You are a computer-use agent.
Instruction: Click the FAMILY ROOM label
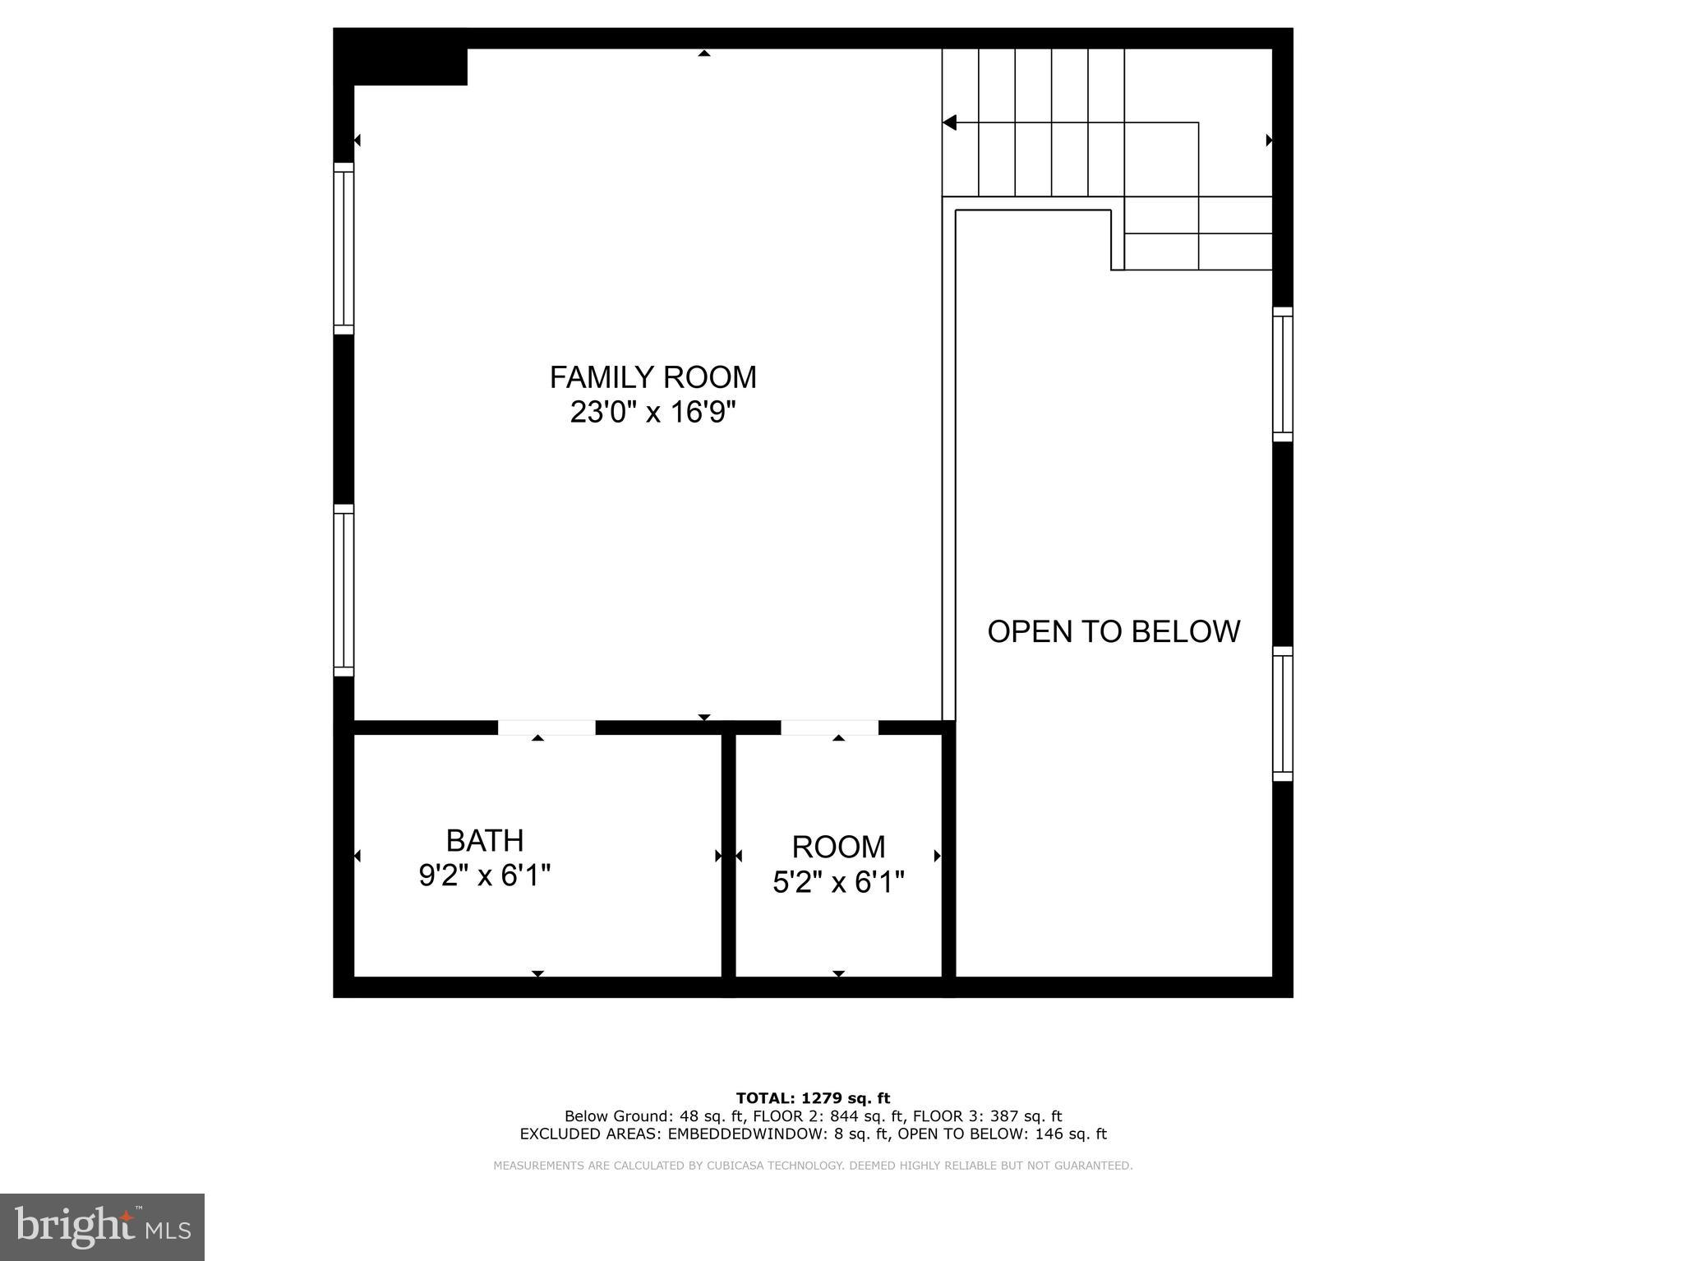coord(652,377)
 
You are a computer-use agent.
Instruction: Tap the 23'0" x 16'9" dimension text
coord(652,412)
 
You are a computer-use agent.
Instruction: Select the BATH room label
coord(485,841)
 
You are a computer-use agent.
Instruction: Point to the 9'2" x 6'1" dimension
coord(485,875)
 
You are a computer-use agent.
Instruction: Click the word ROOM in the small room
coord(838,847)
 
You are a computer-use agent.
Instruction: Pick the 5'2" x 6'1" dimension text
coord(838,883)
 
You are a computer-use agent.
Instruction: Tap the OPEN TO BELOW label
coord(1114,631)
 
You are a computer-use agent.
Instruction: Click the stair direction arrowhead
coord(950,123)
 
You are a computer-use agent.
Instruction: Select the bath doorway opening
coord(546,727)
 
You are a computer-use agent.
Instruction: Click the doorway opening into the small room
coord(829,727)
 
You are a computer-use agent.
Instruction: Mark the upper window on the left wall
coord(344,248)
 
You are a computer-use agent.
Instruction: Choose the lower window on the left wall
coord(344,590)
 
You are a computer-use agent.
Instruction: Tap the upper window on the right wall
coord(1282,374)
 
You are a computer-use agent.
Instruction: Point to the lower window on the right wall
coord(1282,714)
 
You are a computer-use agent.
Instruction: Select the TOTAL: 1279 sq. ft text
coord(813,1098)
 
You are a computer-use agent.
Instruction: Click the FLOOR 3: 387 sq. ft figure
coord(987,1116)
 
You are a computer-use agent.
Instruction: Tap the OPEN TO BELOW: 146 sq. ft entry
coord(1002,1134)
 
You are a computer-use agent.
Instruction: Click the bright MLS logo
coord(102,1226)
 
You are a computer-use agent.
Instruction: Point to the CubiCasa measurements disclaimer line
coord(813,1166)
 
